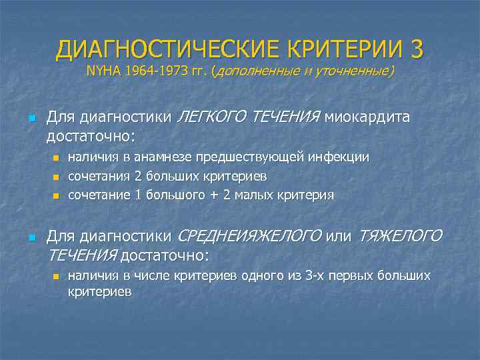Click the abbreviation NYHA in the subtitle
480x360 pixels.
(x=103, y=71)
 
